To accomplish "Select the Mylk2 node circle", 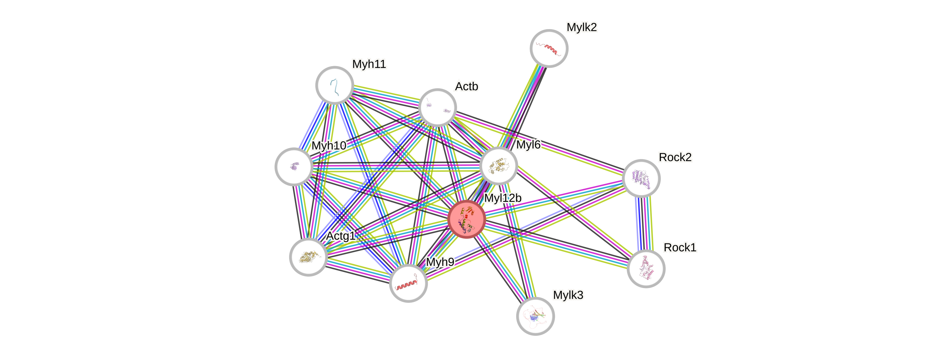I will [549, 48].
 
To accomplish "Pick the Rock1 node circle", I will [646, 269].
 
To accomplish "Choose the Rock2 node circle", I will [641, 178].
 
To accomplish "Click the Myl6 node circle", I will [498, 166].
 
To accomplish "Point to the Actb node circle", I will [438, 107].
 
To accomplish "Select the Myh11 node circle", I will [334, 85].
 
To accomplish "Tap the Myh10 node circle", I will [294, 167].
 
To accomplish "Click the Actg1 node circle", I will [308, 257].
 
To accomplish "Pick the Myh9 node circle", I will [408, 283].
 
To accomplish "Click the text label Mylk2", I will [582, 27].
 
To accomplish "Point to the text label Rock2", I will [675, 157].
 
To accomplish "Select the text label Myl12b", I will [502, 198].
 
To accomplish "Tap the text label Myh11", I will [369, 64].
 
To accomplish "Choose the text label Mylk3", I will [568, 295].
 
